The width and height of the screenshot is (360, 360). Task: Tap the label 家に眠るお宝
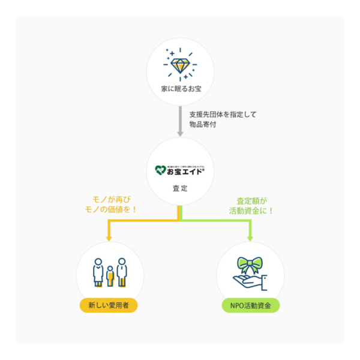click(x=180, y=89)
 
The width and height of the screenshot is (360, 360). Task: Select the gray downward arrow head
click(x=180, y=130)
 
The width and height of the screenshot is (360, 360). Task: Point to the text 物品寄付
click(x=201, y=125)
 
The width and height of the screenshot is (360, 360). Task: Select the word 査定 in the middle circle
click(x=180, y=188)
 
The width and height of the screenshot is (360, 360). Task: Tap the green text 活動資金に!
click(x=251, y=211)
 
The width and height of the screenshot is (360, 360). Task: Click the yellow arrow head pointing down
click(x=109, y=238)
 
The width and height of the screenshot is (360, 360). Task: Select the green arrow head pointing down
click(x=251, y=238)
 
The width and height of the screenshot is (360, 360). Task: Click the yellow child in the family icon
click(x=110, y=277)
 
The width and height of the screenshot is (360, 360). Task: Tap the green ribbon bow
click(x=250, y=265)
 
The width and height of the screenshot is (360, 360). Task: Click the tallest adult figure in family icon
click(x=122, y=271)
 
